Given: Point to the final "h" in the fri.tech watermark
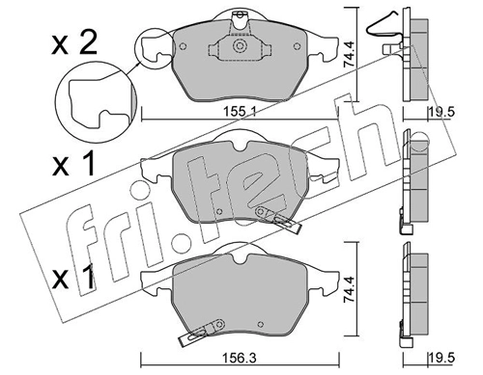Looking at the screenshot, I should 362,125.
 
